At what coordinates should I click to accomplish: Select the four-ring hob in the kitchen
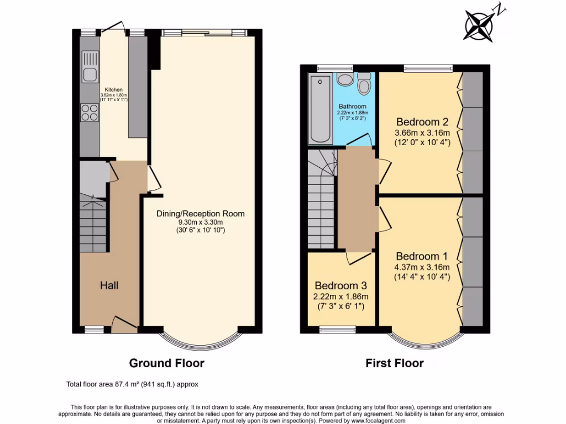(90, 113)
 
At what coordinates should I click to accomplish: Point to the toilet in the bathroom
(364, 83)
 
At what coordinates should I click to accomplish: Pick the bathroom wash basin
(344, 79)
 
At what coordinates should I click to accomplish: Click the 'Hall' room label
(109, 285)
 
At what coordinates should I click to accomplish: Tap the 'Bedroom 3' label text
(340, 286)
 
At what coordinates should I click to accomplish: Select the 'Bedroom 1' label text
(422, 257)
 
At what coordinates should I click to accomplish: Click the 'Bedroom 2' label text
(422, 122)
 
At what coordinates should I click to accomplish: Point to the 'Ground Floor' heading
(166, 363)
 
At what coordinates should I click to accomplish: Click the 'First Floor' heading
(395, 363)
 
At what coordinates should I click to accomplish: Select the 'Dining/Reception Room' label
(200, 214)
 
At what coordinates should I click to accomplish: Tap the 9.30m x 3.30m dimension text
(200, 222)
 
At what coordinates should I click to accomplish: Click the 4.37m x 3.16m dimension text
(422, 267)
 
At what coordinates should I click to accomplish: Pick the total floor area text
(132, 384)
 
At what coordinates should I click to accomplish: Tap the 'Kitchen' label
(114, 89)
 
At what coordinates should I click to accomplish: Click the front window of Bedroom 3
(338, 330)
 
